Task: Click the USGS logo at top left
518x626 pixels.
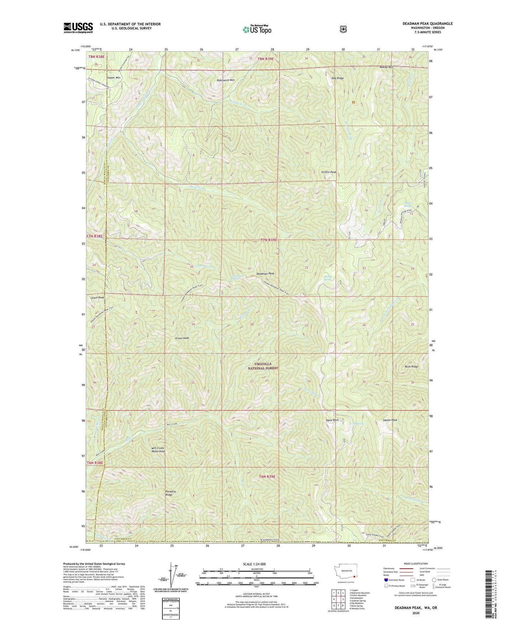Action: [78, 28]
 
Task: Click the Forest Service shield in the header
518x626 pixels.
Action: [343, 29]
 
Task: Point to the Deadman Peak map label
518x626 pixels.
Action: [265, 274]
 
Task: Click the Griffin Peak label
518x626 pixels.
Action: [328, 172]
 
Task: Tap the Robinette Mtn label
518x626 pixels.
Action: [225, 80]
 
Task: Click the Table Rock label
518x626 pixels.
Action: [332, 420]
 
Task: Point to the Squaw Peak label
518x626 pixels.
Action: [390, 420]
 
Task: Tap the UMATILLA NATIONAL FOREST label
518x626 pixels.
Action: [263, 366]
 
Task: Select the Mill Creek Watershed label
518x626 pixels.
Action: [158, 449]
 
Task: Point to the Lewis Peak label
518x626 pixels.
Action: [97, 298]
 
